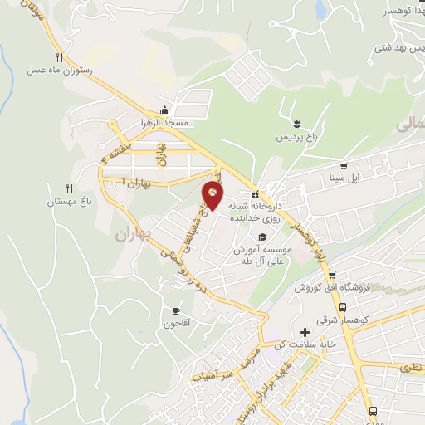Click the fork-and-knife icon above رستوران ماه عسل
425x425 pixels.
58,57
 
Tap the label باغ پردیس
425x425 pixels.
296,135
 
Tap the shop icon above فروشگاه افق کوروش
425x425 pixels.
331,276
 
